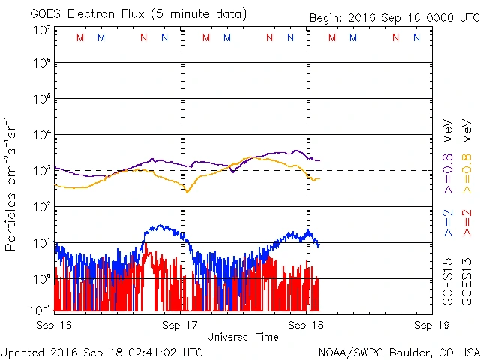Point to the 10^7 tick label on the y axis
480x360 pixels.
coord(41,30)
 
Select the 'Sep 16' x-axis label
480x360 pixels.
coord(55,325)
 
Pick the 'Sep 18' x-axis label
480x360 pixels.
coord(305,325)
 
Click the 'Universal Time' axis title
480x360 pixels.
coord(242,337)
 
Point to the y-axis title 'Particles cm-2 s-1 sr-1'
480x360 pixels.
coord(13,183)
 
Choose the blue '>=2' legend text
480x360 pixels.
coord(448,224)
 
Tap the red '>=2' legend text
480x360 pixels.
coord(467,224)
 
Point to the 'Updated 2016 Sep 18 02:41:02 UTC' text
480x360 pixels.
coord(102,351)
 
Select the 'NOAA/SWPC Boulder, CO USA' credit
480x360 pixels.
coord(398,351)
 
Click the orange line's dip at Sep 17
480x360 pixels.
coord(187,192)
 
